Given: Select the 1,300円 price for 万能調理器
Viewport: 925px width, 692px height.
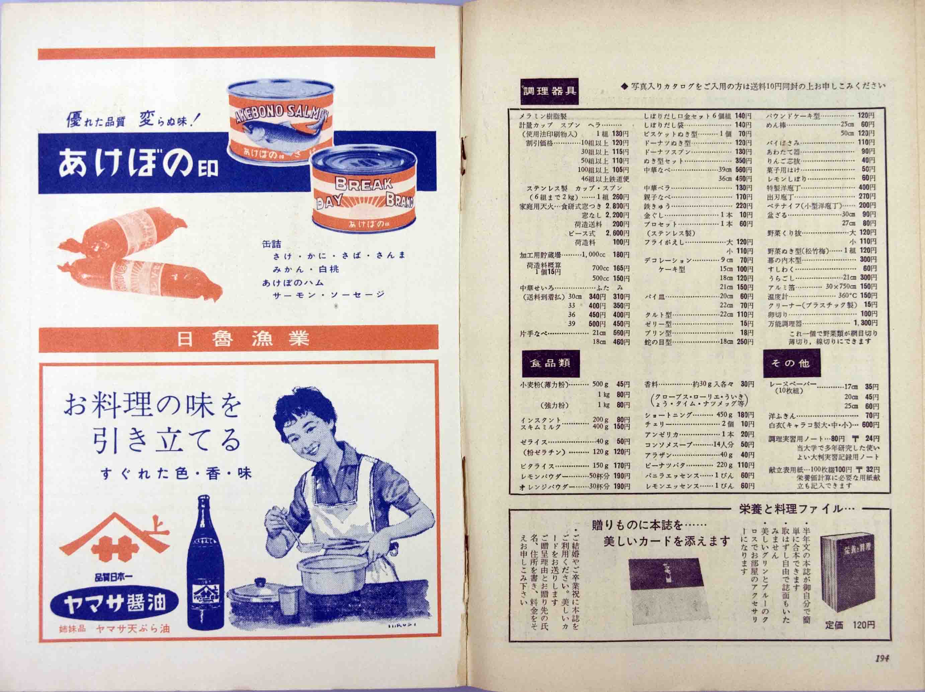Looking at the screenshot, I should click(865, 323).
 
